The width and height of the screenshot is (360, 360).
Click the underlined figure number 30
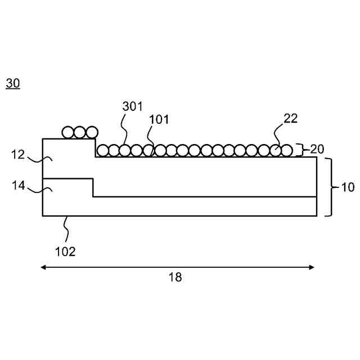[13, 84]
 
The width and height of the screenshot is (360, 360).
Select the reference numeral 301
[133, 106]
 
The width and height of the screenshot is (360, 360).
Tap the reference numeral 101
[159, 119]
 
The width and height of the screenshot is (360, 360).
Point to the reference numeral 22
[291, 118]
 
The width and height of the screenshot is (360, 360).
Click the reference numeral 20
[317, 149]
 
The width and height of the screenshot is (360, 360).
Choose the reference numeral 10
[348, 187]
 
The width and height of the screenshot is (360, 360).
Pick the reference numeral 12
[19, 154]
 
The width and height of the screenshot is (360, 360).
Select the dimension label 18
[175, 277]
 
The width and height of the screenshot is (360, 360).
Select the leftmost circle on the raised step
[68, 133]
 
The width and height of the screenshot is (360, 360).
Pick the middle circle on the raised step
[80, 133]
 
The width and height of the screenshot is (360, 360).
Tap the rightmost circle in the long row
[287, 150]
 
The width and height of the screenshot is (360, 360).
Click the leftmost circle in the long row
[103, 150]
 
